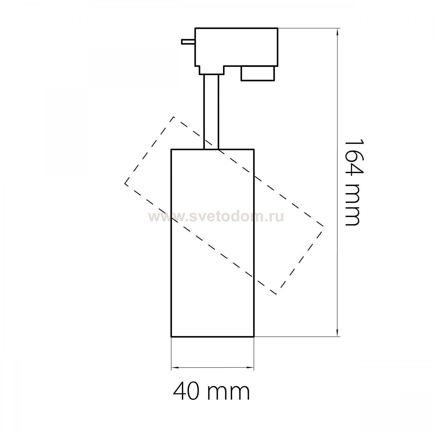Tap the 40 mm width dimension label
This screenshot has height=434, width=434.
coord(211,391)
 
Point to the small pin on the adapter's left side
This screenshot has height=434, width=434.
coord(188,42)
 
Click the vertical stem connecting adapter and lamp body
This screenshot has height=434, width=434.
coord(211,112)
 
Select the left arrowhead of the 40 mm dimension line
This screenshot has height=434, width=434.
coord(175,368)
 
